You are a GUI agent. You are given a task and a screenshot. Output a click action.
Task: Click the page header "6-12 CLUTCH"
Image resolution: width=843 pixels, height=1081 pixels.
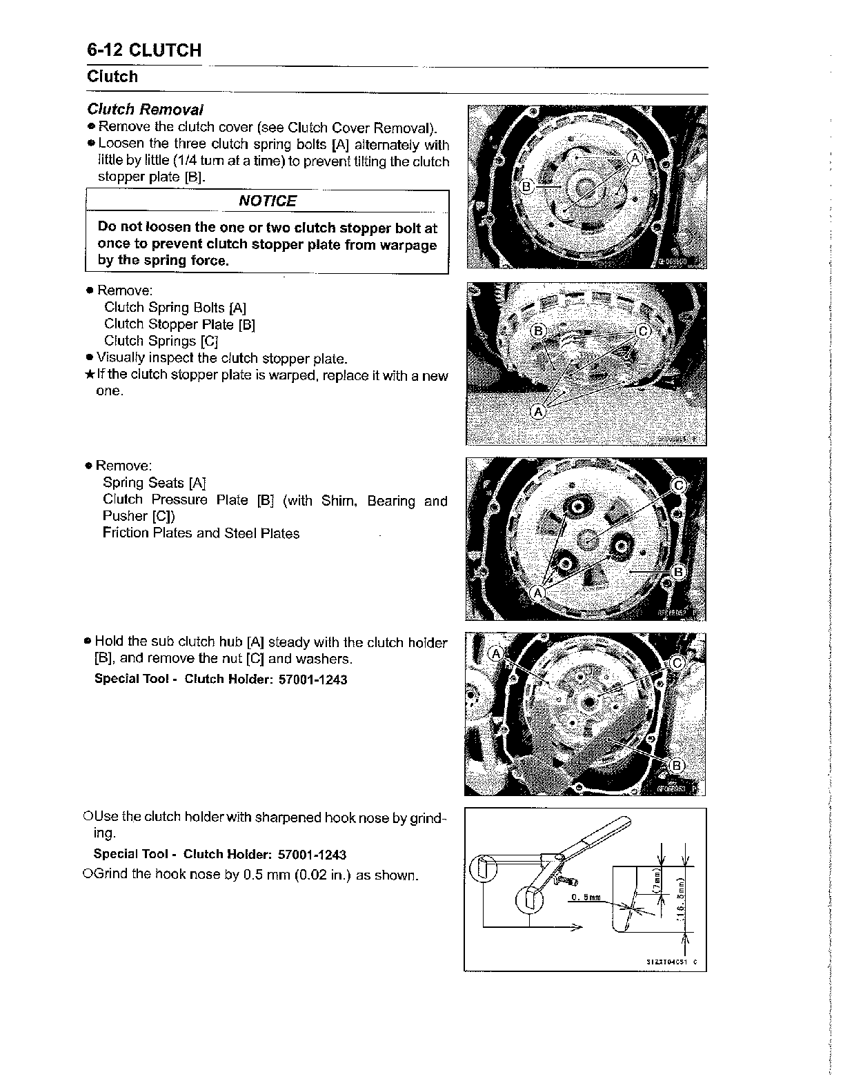pos(144,50)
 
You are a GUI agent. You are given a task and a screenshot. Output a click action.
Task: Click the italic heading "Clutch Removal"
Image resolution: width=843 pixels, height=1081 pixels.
pos(145,110)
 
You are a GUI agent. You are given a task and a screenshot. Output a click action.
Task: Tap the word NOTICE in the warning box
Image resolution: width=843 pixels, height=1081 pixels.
pos(267,201)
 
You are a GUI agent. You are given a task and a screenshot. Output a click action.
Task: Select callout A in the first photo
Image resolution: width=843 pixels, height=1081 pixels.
pos(635,158)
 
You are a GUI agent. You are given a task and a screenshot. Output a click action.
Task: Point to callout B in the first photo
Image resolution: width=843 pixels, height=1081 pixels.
pos(527,187)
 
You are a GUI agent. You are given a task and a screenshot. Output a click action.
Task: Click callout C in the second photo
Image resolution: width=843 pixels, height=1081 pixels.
pos(643,330)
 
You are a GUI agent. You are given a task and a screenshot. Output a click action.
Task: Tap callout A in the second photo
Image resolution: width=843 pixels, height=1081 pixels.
pos(538,412)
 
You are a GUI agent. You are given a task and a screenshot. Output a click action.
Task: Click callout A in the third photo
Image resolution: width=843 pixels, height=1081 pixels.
pos(539,593)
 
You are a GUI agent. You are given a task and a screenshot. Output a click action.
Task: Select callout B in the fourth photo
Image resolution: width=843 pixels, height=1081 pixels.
pos(677,765)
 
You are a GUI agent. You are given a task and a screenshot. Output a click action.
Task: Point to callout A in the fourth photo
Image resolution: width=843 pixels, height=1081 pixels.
pos(495,654)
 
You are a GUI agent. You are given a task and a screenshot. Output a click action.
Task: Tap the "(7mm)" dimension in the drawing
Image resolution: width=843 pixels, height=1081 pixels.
pos(657,881)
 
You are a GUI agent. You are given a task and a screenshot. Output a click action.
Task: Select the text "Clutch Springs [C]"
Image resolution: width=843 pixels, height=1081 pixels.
pos(161,341)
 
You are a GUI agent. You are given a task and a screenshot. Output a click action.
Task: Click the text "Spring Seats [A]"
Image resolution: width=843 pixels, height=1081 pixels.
pos(155,483)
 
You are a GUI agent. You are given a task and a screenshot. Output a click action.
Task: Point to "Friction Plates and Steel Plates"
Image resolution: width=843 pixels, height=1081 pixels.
pos(201,533)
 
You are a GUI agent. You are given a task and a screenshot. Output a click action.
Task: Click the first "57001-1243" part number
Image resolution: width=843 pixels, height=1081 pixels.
pos(313,680)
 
